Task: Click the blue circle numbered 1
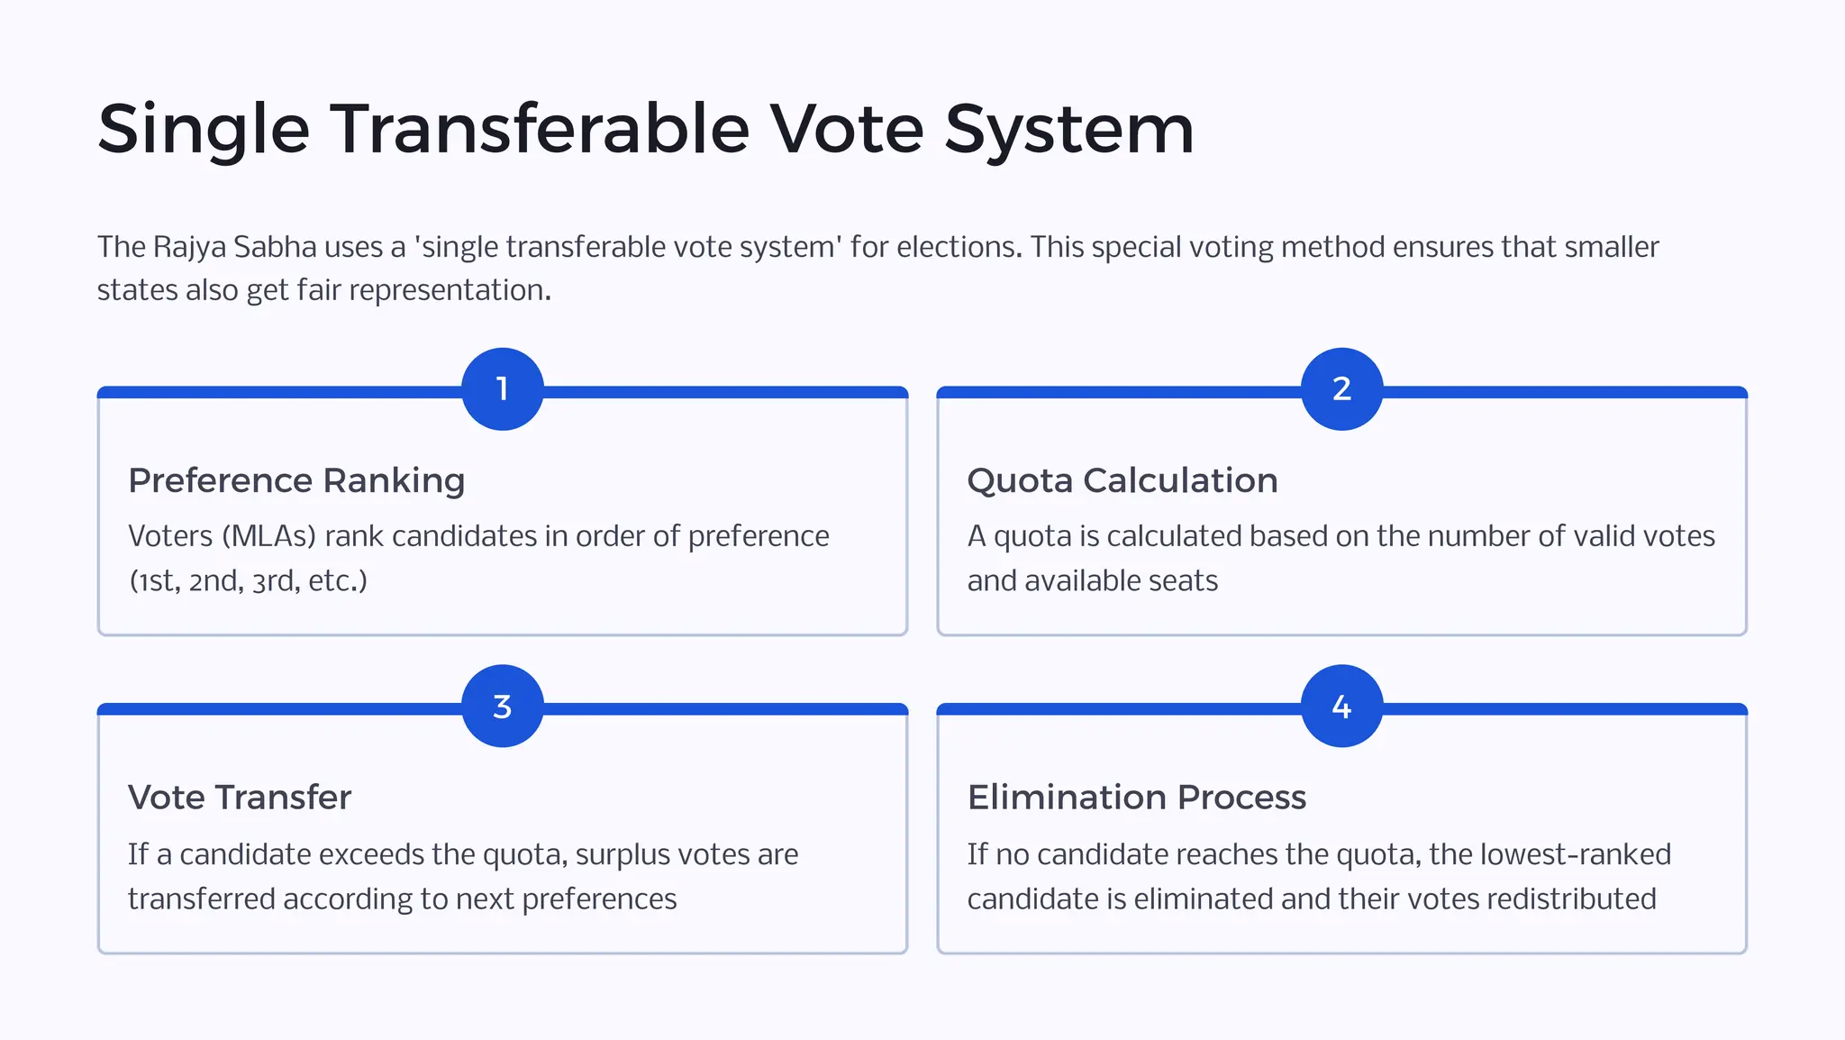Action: pos(503,389)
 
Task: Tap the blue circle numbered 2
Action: pos(1341,389)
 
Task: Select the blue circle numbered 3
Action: pos(503,707)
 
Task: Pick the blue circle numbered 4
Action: pos(1341,707)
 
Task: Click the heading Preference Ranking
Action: pos(296,481)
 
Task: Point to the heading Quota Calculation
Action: pos(1122,481)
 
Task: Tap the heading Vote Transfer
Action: pos(240,798)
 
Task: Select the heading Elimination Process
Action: pos(1137,798)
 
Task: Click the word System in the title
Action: pos(1068,129)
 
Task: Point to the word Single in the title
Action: pos(204,129)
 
